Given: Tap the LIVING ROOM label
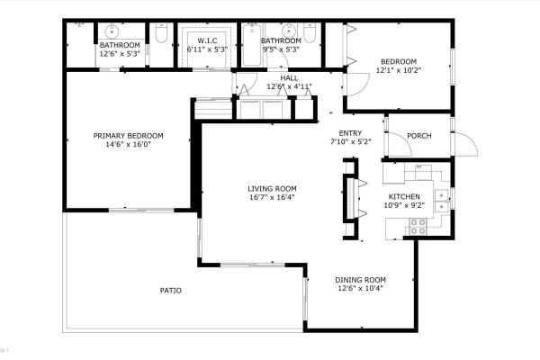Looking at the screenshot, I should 272,188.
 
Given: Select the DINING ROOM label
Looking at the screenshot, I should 361,280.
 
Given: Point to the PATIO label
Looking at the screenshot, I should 171,290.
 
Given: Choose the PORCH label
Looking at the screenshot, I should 418,136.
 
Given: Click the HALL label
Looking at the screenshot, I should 289,78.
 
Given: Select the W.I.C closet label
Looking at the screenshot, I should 207,41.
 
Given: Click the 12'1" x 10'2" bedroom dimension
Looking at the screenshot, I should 399,70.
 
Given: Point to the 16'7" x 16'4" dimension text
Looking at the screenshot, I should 272,197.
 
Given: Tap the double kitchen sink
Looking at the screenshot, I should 442,201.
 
